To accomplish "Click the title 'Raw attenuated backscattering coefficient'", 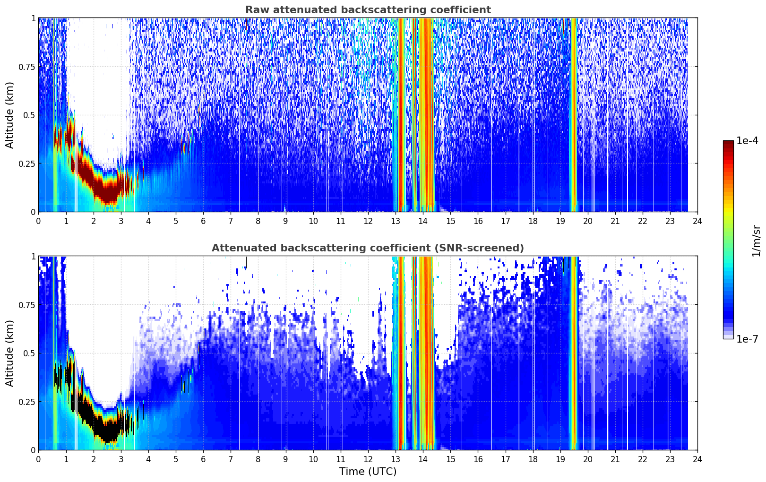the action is tap(368, 9).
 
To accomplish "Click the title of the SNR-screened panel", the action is tap(368, 248).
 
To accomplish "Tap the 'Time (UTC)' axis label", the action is tap(368, 472).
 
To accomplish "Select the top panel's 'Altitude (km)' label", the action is tap(9, 115).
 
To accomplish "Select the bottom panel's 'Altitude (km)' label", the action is tap(9, 353).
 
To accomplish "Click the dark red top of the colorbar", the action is tap(728, 143).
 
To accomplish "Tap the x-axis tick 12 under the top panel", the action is tap(368, 221).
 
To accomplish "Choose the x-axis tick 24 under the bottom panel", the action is tap(697, 459).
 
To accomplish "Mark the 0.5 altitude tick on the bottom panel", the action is tap(29, 353).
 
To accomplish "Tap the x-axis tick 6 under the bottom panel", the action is tap(203, 459).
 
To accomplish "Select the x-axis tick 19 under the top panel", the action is tap(560, 221).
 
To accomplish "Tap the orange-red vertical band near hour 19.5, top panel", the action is tap(574, 115).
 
